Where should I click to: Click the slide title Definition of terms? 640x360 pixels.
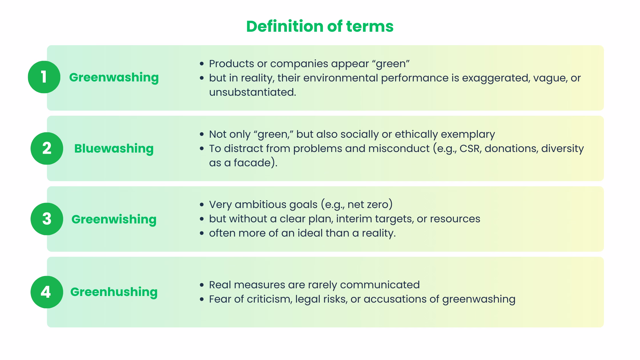[320, 26]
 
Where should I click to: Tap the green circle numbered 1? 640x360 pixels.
[44, 77]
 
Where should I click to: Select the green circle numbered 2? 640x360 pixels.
[47, 148]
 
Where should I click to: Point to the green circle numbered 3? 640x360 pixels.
[47, 219]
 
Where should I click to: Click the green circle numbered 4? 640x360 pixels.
[47, 292]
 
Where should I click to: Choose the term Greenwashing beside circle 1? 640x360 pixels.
[114, 77]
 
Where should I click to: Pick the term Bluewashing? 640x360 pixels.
[114, 149]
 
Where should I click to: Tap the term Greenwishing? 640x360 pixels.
[114, 219]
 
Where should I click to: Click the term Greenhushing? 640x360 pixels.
[114, 292]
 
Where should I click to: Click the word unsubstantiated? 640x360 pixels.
[252, 92]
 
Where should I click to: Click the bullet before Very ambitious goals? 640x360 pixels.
[202, 205]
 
